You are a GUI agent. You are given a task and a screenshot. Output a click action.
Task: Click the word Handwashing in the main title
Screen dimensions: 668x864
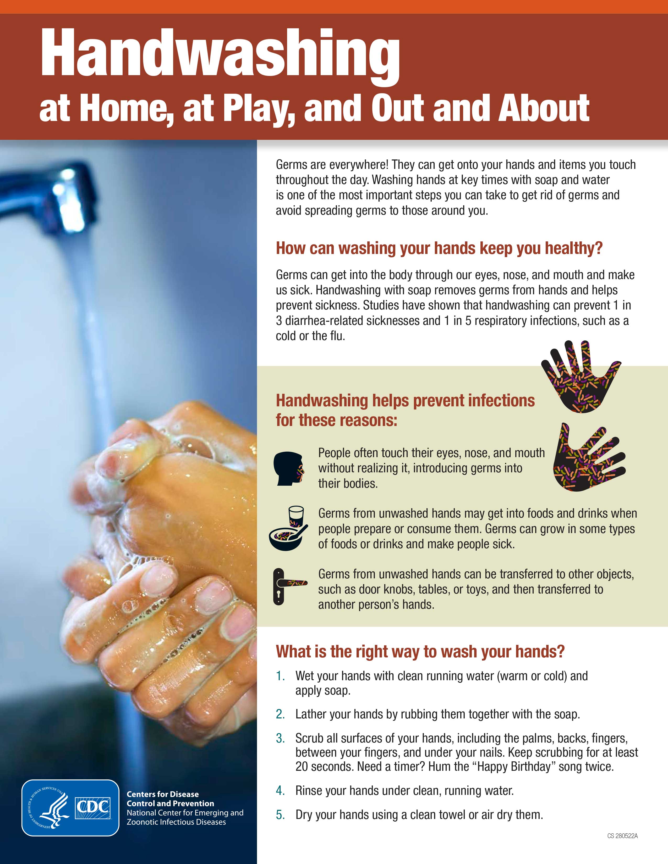(x=220, y=56)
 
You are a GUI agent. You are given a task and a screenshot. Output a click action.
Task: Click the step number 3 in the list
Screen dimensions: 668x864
(x=280, y=739)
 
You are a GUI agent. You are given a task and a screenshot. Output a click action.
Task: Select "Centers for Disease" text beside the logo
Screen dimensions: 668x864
(x=163, y=794)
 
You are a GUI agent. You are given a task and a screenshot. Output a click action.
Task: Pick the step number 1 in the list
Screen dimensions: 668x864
(x=280, y=676)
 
